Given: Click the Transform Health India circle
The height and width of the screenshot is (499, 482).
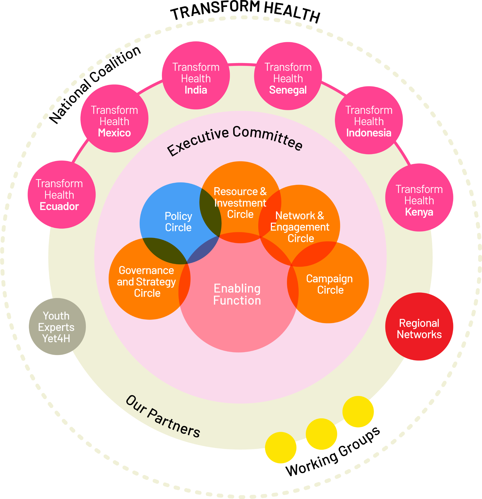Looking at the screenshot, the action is pos(196,75).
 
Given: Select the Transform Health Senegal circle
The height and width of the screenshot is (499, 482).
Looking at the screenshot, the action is pos(288,76).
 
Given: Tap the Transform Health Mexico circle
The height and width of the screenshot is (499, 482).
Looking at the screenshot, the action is pos(114,118).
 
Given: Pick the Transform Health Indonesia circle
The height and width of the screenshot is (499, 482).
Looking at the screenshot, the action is pos(369,120).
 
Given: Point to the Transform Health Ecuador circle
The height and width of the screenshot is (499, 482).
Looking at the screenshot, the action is pos(62,194).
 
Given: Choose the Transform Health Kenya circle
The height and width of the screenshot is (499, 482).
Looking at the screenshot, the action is pos(419,197).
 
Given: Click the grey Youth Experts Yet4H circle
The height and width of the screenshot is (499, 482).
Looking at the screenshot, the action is pos(57,326).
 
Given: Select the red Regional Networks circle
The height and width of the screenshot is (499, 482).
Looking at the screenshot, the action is pos(419,326).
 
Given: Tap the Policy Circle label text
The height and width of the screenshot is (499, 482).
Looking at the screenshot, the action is pos(178,222).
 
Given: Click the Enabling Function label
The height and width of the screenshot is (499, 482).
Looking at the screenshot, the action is pos(237,294).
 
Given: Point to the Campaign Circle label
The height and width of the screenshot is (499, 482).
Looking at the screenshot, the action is pos(330,284).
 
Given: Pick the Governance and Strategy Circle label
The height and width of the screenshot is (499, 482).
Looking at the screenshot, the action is pos(147,282).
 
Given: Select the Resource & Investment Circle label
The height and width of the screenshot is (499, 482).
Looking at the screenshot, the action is pos(240,203).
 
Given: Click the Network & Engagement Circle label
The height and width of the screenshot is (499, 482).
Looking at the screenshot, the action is pos(300,227).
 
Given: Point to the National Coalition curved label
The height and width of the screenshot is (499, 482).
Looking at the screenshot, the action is pos(95,84).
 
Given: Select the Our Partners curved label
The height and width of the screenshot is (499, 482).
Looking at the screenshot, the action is pos(163,416).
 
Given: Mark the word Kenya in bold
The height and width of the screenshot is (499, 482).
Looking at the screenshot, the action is pos(419,212).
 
